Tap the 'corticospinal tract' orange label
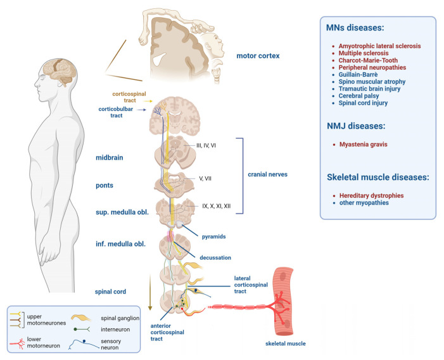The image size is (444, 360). pyautogui.click(x=130, y=97)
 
